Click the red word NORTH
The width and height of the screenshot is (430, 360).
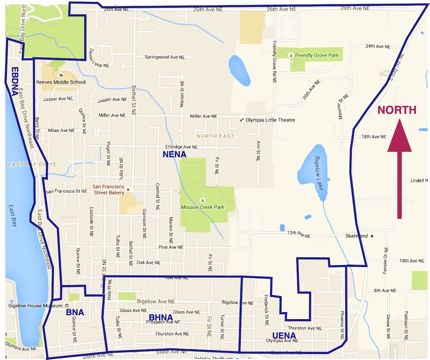(x=396, y=110)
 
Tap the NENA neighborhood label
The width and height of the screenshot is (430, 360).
(x=174, y=154)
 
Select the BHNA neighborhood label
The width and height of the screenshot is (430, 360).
(x=160, y=318)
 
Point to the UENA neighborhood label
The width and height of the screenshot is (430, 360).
(x=284, y=336)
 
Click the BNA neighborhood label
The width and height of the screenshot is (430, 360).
(x=75, y=312)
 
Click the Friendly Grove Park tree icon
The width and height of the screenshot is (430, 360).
(x=292, y=55)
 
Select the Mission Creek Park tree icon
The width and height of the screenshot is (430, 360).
(x=203, y=200)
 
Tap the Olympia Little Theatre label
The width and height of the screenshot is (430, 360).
(x=270, y=120)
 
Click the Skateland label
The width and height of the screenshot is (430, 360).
(x=356, y=236)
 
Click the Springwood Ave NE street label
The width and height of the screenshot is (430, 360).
(x=164, y=57)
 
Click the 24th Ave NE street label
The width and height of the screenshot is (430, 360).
(x=378, y=46)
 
